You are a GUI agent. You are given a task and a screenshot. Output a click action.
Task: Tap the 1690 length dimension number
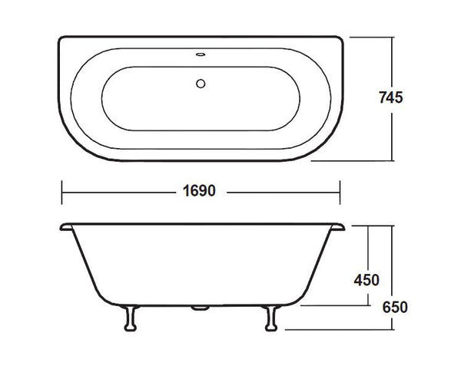tap(200, 191)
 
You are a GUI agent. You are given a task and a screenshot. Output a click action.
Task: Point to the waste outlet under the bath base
tap(200, 308)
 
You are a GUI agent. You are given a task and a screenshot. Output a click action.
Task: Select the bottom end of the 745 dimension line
tap(393, 162)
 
